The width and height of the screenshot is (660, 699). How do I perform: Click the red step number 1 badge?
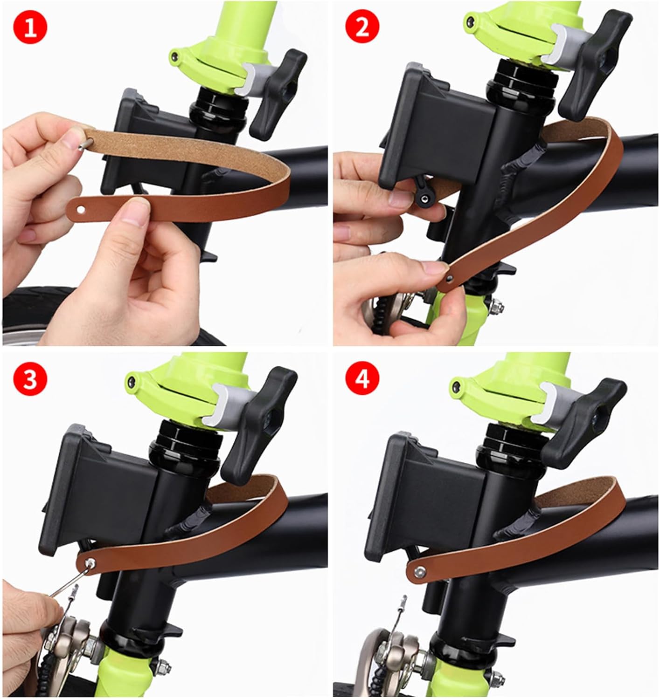30,27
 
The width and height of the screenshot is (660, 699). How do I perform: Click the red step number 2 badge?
362,27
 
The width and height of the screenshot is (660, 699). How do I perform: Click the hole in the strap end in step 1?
81,210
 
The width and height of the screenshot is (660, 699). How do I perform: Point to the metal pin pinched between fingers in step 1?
86,144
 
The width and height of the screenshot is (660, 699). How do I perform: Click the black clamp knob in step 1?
278,94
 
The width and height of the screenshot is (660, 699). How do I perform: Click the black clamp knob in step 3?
259,418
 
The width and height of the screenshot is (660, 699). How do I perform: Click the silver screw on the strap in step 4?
419,571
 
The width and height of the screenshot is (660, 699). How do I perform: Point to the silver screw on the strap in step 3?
90,563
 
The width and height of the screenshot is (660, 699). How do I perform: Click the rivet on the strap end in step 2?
449,279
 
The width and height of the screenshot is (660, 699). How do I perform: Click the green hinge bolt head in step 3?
132,382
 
